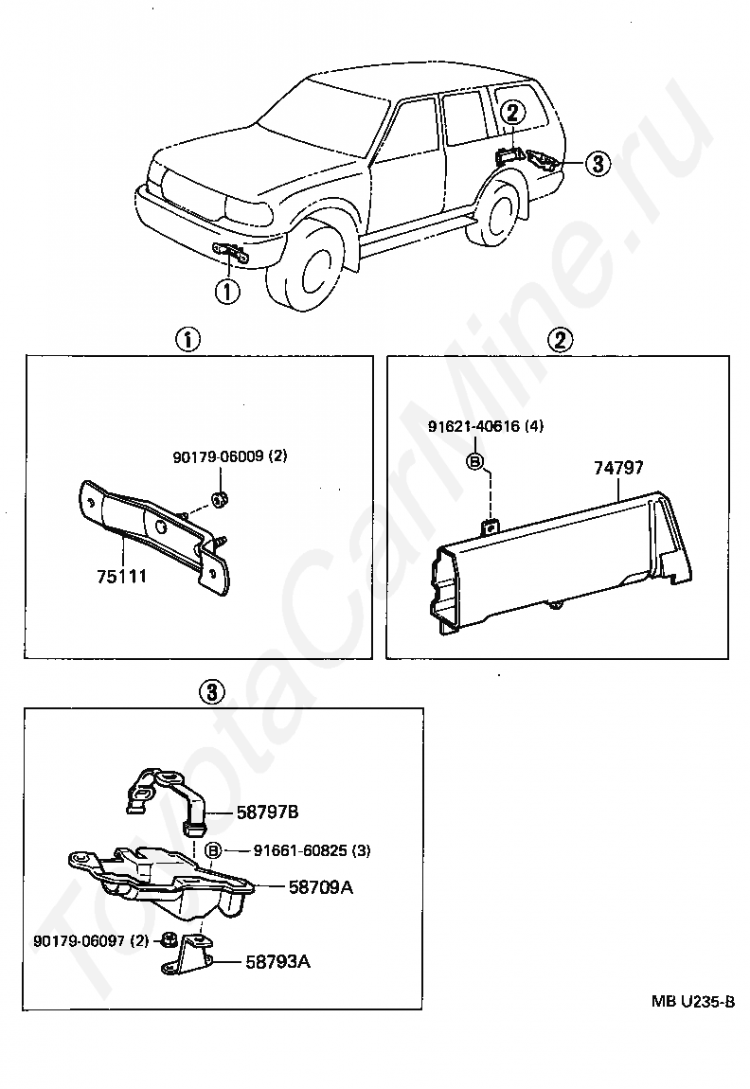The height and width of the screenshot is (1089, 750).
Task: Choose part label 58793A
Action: (278, 962)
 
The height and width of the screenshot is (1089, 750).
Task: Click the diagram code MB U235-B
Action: (692, 1001)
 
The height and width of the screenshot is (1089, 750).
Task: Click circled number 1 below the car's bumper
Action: (227, 291)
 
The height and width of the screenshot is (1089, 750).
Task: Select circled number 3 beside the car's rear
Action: (596, 163)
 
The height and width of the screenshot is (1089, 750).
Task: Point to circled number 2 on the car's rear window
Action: (511, 113)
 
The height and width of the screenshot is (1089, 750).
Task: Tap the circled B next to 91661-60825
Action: (214, 850)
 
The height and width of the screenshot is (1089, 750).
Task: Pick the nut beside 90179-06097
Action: (167, 940)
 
